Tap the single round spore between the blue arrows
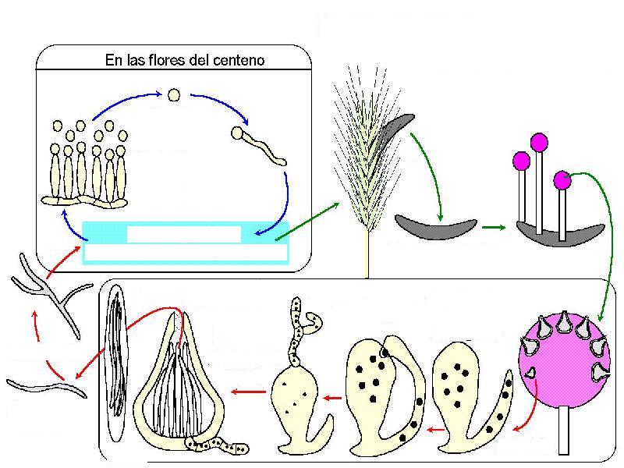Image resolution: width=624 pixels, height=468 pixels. click(x=175, y=95)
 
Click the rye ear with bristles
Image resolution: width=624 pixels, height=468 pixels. click(x=360, y=156)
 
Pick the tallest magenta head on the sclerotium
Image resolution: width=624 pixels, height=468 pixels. click(x=538, y=143)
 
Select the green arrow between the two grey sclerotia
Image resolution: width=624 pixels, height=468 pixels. click(x=493, y=228)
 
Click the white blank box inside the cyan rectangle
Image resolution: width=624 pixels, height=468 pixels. click(x=184, y=233)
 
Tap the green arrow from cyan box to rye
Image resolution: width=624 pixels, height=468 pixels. click(x=307, y=221)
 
